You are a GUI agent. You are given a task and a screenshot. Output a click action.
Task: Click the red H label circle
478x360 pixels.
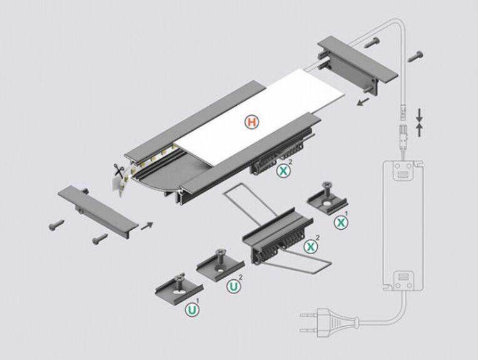coord(250,122)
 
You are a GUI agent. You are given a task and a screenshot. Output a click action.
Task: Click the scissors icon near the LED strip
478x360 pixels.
coord(117,170)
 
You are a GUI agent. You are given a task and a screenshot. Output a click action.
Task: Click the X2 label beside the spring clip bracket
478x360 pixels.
coord(310,247)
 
